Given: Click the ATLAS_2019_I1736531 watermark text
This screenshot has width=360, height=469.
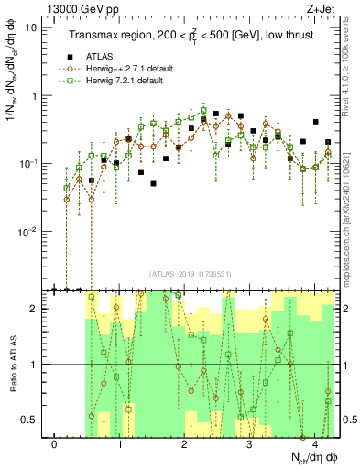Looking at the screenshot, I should [190, 274].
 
